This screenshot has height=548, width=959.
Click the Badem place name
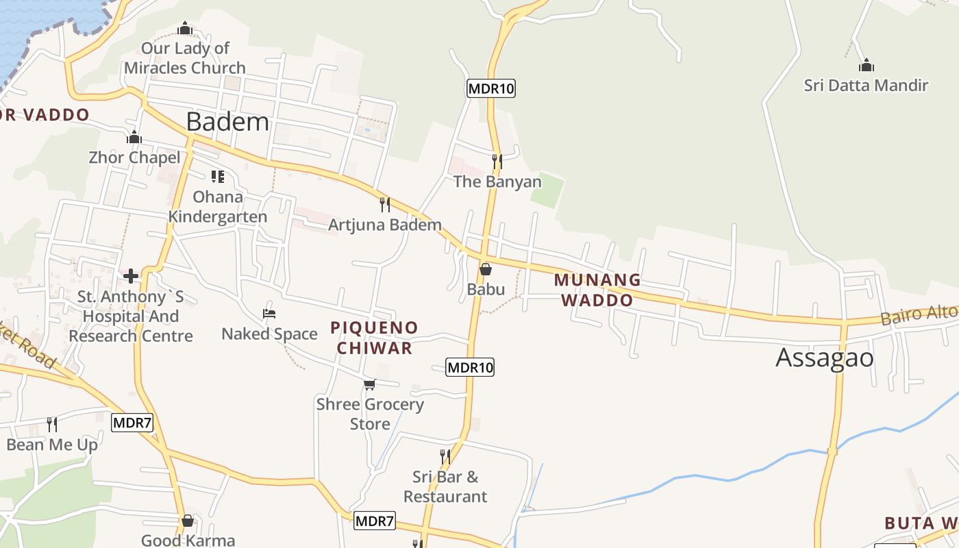[x=227, y=122]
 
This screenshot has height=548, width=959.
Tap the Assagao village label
[x=825, y=358]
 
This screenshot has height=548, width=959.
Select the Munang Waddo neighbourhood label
[x=597, y=290]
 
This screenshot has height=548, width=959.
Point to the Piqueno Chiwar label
[x=374, y=338]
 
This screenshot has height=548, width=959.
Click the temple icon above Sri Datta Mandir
[x=867, y=66]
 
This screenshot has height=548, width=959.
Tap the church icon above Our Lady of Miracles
[x=185, y=29]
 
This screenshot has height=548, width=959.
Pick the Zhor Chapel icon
[x=134, y=138]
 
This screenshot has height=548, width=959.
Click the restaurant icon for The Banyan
[x=497, y=162]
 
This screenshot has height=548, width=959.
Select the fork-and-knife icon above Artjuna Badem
[x=385, y=204]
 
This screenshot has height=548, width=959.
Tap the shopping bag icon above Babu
[x=486, y=269]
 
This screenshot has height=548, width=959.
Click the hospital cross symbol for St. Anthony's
[x=131, y=276]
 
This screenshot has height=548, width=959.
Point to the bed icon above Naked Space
[x=269, y=314]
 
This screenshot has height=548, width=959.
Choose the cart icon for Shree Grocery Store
[x=370, y=384]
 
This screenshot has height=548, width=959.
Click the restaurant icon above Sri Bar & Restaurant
[x=445, y=456]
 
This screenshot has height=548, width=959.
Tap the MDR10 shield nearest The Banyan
[x=490, y=88]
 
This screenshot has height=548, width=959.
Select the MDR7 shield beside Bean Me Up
[x=132, y=423]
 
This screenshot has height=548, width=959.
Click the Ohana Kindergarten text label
[x=218, y=207]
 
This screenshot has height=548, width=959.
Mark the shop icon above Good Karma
[x=188, y=521]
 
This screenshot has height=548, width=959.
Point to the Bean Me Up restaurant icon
[x=51, y=425]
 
